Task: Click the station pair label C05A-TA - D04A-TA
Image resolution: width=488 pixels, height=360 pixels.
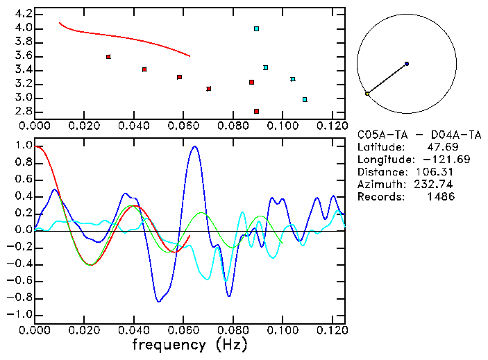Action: [x=419, y=135]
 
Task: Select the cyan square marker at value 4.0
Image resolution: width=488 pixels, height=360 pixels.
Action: [x=256, y=29]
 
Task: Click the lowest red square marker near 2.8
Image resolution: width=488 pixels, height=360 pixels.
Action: [x=256, y=111]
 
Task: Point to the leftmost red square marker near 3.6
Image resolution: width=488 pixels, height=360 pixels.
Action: [x=108, y=57]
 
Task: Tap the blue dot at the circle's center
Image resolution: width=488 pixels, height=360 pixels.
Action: [x=407, y=64]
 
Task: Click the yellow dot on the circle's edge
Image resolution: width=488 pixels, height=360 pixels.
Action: [x=367, y=94]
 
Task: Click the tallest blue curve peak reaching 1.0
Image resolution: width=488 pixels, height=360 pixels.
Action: [x=194, y=146]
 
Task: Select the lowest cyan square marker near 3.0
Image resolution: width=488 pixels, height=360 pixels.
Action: [x=305, y=99]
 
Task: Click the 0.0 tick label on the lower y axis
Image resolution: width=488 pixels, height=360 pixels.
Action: [x=23, y=230]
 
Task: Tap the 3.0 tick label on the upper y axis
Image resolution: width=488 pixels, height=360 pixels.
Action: [x=23, y=98]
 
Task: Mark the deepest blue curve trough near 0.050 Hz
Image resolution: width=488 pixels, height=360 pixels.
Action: [x=159, y=302]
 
